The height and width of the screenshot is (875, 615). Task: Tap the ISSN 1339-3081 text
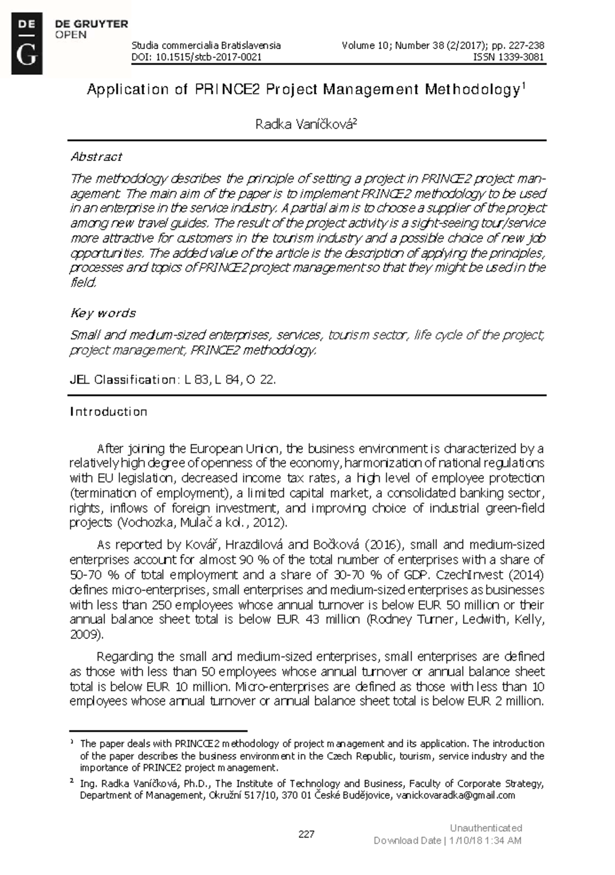510,57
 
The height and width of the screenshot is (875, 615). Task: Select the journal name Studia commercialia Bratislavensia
206,46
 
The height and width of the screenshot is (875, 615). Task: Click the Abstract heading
96,156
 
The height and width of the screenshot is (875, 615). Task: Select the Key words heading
103,313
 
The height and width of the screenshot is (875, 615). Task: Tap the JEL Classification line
173,380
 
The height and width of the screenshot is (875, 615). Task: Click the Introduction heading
108,412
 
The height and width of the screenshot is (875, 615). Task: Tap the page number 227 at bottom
306,834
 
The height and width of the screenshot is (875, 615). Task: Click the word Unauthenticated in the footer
486,828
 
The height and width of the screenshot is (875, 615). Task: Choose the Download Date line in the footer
447,840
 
